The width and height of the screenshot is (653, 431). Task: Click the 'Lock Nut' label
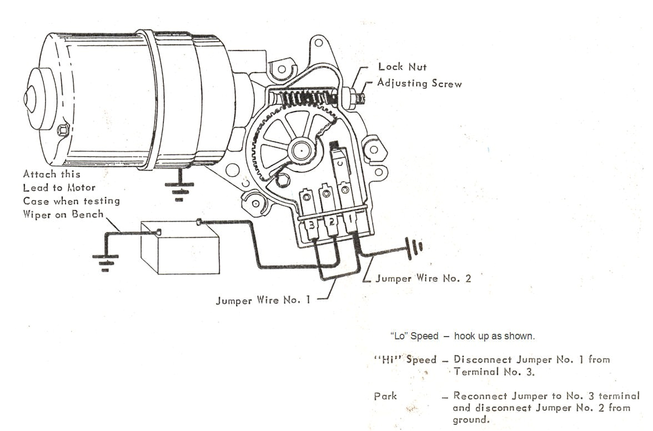[402, 67]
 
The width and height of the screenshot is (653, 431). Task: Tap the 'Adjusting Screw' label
[419, 83]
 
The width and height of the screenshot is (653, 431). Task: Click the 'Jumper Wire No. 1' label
[263, 300]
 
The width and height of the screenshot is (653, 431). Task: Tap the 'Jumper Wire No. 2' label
[423, 278]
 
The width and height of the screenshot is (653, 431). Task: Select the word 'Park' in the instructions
[386, 397]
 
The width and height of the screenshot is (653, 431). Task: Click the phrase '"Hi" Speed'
[405, 359]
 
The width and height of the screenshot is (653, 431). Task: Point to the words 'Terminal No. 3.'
[494, 372]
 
